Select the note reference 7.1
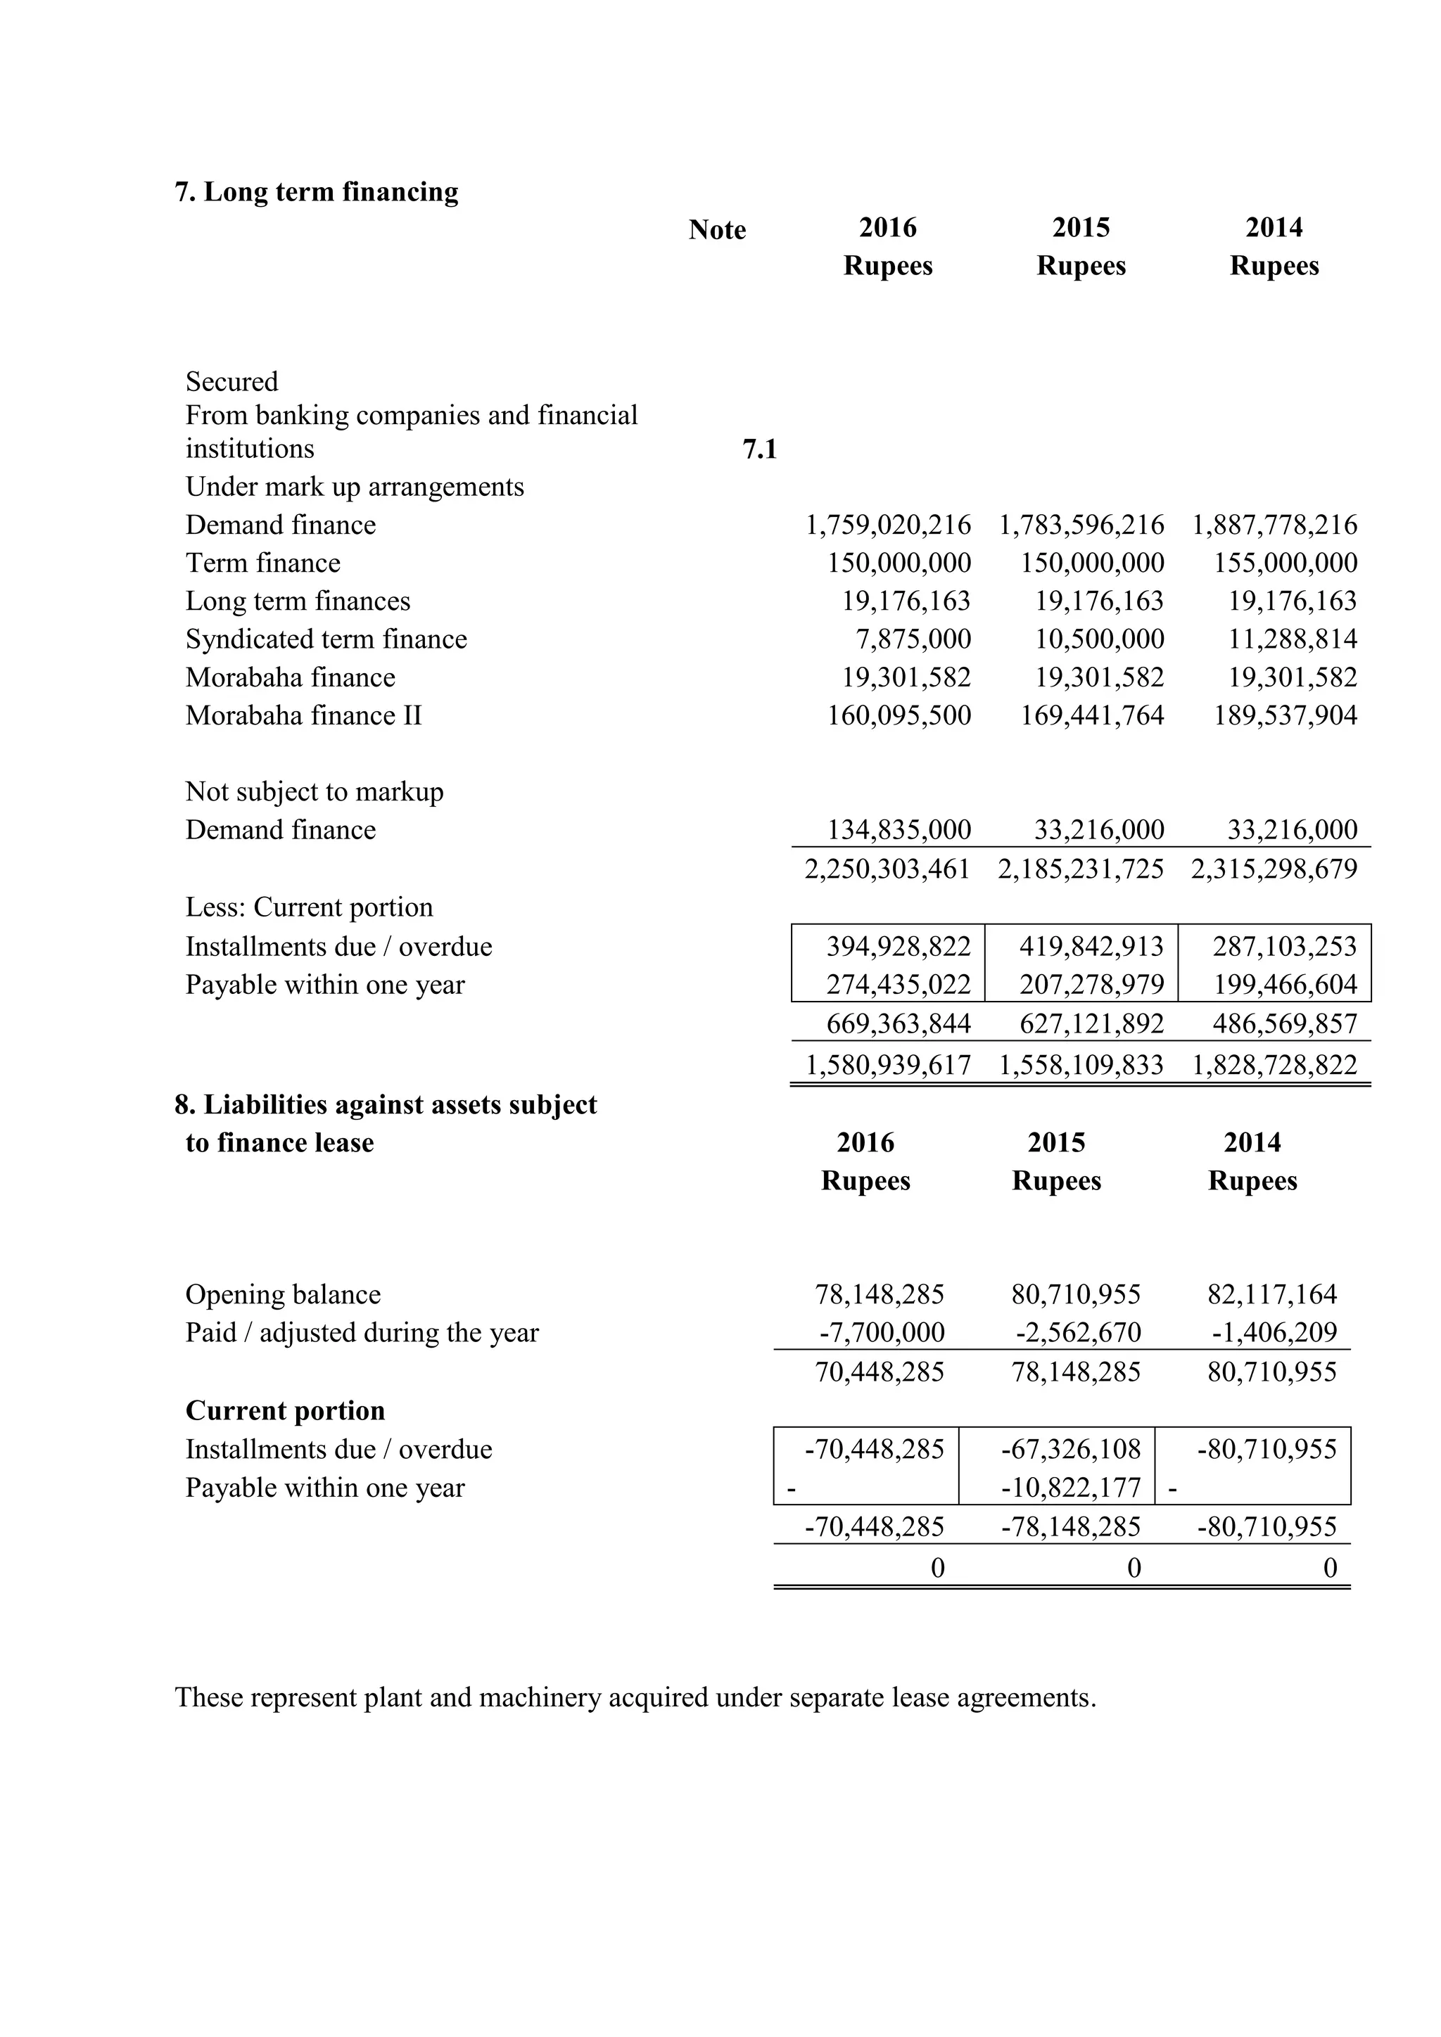click(x=758, y=449)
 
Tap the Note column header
click(x=717, y=230)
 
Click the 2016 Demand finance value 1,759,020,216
click(x=887, y=525)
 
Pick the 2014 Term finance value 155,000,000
click(x=1285, y=563)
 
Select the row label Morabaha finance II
click(x=303, y=716)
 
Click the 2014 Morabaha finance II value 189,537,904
click(x=1285, y=716)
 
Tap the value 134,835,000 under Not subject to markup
click(x=898, y=831)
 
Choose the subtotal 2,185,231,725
click(x=1080, y=869)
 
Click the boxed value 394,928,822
click(x=898, y=947)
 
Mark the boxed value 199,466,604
click(x=1285, y=985)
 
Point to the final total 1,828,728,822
click(x=1274, y=1065)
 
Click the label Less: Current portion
click(x=309, y=907)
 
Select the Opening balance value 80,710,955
click(x=1075, y=1296)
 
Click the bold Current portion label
click(x=285, y=1412)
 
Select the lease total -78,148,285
click(x=1070, y=1527)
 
